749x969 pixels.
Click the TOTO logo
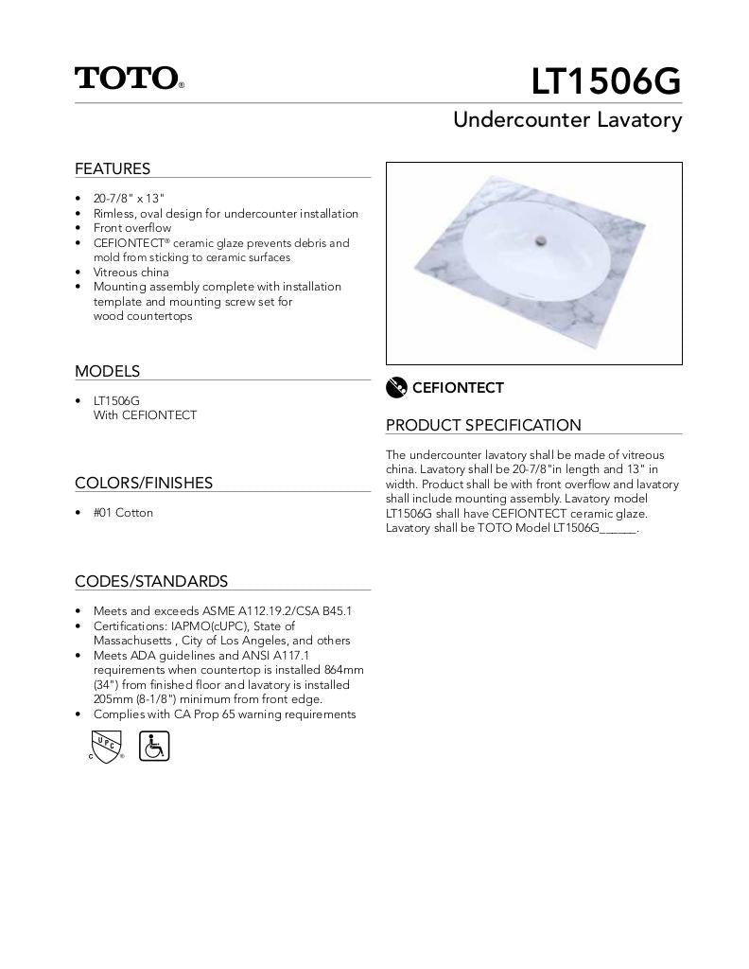click(129, 78)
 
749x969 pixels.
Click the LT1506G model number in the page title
click(605, 82)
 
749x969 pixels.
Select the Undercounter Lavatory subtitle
click(567, 120)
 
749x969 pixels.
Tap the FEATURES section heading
click(113, 168)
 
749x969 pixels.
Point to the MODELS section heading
click(107, 371)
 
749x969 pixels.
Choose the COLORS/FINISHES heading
click(144, 483)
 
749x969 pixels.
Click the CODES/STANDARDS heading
click(151, 581)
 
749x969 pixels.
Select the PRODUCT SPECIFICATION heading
click(483, 425)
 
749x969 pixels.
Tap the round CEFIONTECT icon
click(396, 387)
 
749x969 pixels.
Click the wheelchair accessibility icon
click(154, 746)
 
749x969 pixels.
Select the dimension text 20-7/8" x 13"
click(129, 199)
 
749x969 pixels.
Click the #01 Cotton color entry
click(123, 513)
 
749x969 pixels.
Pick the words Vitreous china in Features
click(131, 272)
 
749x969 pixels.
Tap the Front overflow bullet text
click(132, 228)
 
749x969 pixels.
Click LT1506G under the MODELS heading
click(116, 400)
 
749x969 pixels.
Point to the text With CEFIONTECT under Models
click(145, 414)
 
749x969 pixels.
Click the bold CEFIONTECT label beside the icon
click(458, 388)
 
